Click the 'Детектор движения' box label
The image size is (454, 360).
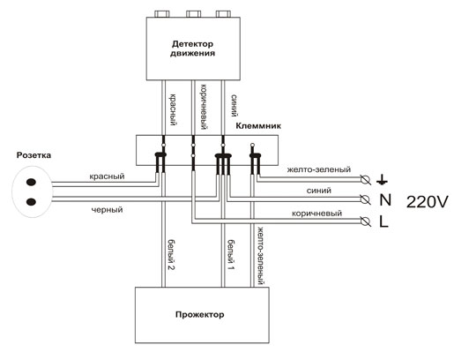[192, 49]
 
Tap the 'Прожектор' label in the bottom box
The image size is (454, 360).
[200, 315]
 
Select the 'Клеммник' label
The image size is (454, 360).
[258, 126]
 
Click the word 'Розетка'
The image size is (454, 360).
[33, 155]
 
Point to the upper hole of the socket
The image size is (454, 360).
[31, 183]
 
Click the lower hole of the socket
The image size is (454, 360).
[31, 202]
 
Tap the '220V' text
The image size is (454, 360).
[428, 202]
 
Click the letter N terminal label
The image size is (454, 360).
[385, 200]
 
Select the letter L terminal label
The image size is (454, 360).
[383, 221]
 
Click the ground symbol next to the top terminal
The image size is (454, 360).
[382, 179]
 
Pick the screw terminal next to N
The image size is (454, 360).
[365, 199]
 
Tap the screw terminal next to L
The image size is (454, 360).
[365, 221]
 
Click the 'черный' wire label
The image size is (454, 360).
[107, 210]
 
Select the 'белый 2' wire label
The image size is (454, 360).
[172, 255]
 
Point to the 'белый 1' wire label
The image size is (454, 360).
[231, 255]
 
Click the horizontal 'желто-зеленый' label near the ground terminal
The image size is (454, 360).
[319, 169]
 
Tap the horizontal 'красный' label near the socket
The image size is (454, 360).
[107, 176]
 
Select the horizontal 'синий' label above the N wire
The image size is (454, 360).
[319, 191]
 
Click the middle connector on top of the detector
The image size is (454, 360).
[194, 14]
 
